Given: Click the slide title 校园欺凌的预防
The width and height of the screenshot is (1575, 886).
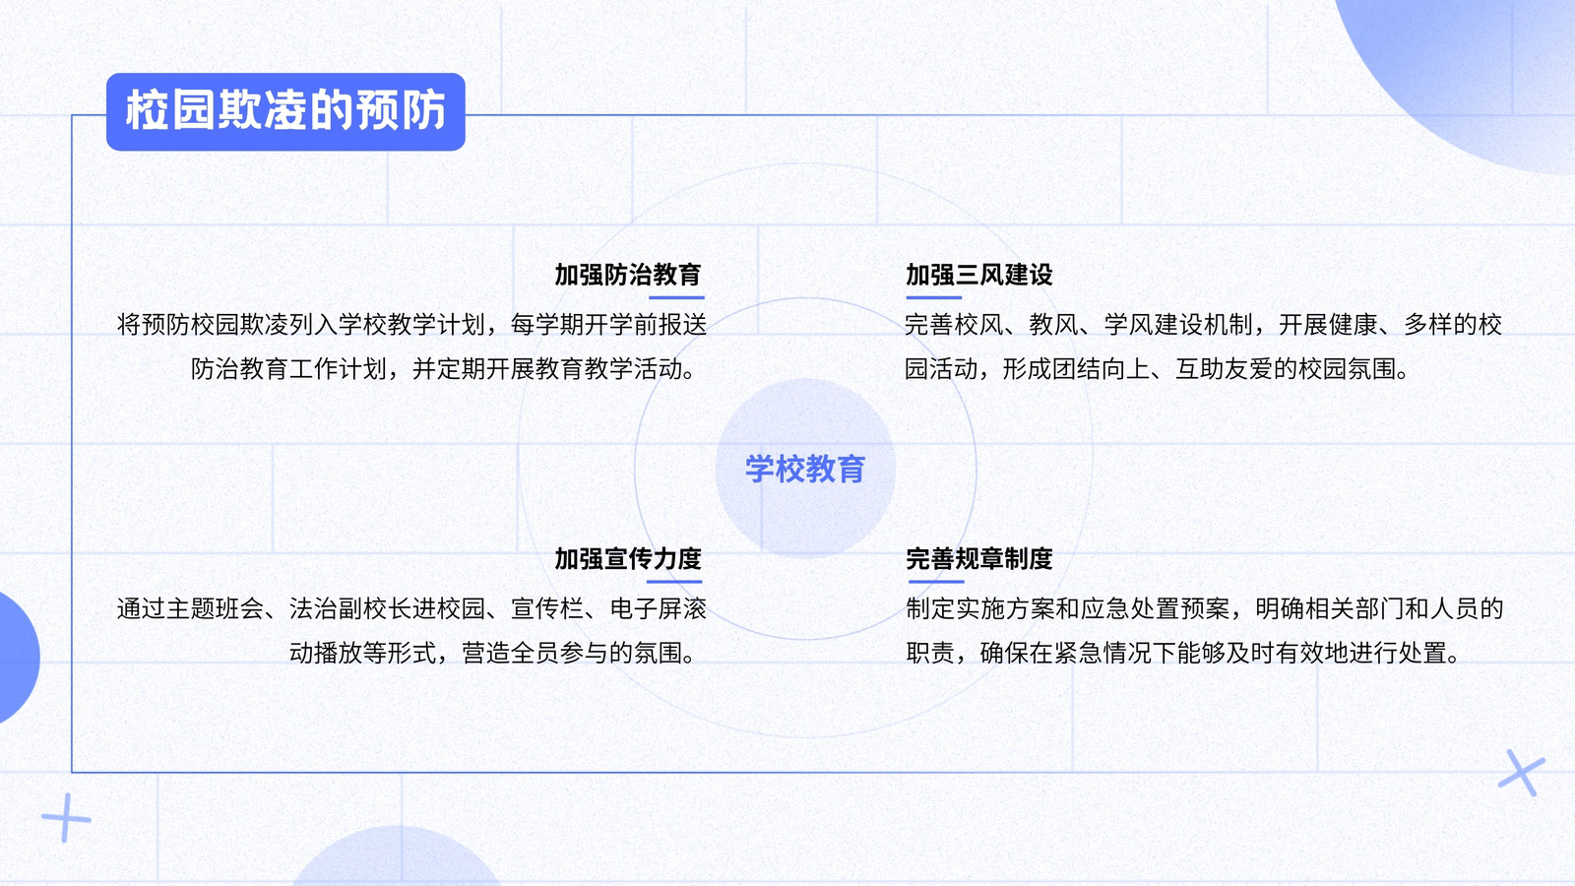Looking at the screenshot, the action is pyautogui.click(x=285, y=110).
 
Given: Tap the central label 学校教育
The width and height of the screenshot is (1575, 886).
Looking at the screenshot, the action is pyautogui.click(x=805, y=469).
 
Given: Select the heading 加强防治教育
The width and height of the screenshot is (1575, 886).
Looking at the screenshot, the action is pyautogui.click(x=628, y=275).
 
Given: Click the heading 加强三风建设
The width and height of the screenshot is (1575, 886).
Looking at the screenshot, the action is pyautogui.click(x=978, y=275).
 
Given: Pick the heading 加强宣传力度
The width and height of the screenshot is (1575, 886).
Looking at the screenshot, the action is pyautogui.click(x=628, y=558).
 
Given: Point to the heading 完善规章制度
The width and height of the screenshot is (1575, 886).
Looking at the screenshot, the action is pyautogui.click(x=978, y=558).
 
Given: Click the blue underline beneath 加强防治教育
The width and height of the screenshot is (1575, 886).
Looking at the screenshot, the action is pyautogui.click(x=675, y=297).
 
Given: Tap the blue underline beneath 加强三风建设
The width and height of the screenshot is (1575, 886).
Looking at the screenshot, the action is pyautogui.click(x=934, y=297).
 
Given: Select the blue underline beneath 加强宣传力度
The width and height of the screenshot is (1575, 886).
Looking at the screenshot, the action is pyautogui.click(x=674, y=582).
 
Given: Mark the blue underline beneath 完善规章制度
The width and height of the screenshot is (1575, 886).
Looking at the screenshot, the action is pyautogui.click(x=936, y=582).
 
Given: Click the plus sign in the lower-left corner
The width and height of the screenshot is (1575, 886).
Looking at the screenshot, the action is pyautogui.click(x=66, y=818).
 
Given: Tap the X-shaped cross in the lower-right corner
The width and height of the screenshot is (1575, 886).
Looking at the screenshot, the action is pyautogui.click(x=1522, y=773).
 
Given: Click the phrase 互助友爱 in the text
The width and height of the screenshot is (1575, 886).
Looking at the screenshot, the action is pyautogui.click(x=1225, y=368).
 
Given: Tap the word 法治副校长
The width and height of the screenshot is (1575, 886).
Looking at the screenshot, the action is pyautogui.click(x=350, y=608).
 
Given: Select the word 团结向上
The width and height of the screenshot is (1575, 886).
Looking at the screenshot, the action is pyautogui.click(x=1101, y=368).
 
